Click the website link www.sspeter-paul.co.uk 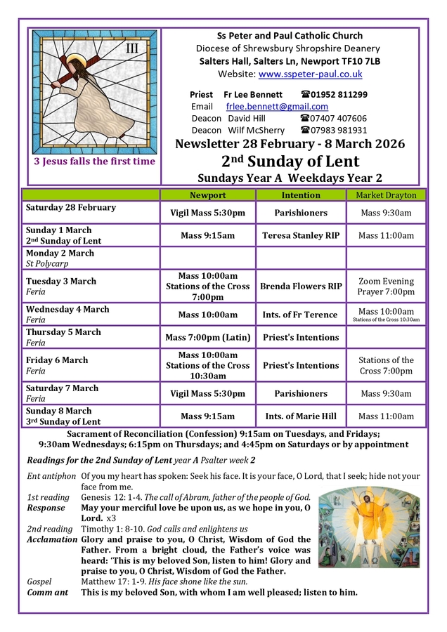click(x=310, y=74)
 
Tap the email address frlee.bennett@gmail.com click(x=277, y=106)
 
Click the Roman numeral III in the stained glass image click(x=131, y=48)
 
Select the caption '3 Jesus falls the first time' click(x=95, y=162)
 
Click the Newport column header click(x=208, y=195)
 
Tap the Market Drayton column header click(x=386, y=195)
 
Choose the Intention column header click(x=301, y=195)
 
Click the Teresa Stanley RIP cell click(x=301, y=236)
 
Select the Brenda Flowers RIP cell click(x=301, y=287)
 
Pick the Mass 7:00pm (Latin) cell click(x=208, y=338)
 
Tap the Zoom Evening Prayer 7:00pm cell click(x=386, y=287)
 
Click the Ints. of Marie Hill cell click(x=301, y=416)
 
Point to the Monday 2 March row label click(x=60, y=254)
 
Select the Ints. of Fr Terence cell click(x=301, y=315)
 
